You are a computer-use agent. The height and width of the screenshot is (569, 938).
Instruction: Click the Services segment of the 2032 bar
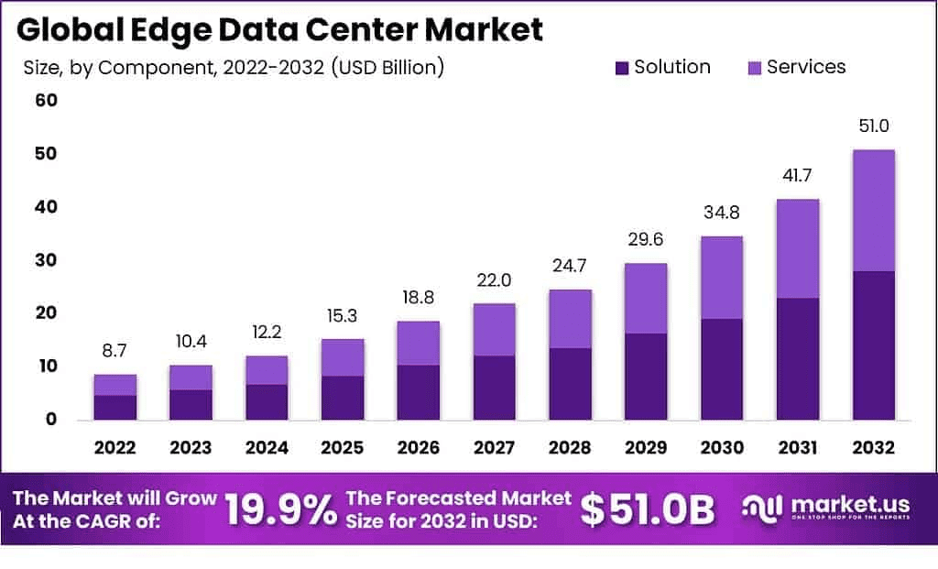pos(873,210)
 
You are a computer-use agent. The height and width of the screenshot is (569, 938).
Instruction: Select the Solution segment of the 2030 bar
pos(721,368)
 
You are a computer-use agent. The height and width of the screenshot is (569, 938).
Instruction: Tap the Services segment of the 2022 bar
pos(115,385)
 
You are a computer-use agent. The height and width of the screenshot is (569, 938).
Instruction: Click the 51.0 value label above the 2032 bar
pos(873,126)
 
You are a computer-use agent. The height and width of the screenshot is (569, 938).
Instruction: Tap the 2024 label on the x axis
pos(267,448)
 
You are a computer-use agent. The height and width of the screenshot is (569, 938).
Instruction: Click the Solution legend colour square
pos(623,68)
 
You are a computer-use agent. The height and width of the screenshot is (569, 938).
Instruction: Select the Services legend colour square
pos(755,68)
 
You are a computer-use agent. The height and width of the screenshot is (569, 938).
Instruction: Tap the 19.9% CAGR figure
pos(280,510)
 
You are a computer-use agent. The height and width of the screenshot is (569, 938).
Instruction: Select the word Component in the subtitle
pos(142,67)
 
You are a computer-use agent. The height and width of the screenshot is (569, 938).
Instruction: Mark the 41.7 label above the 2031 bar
pos(797,176)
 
